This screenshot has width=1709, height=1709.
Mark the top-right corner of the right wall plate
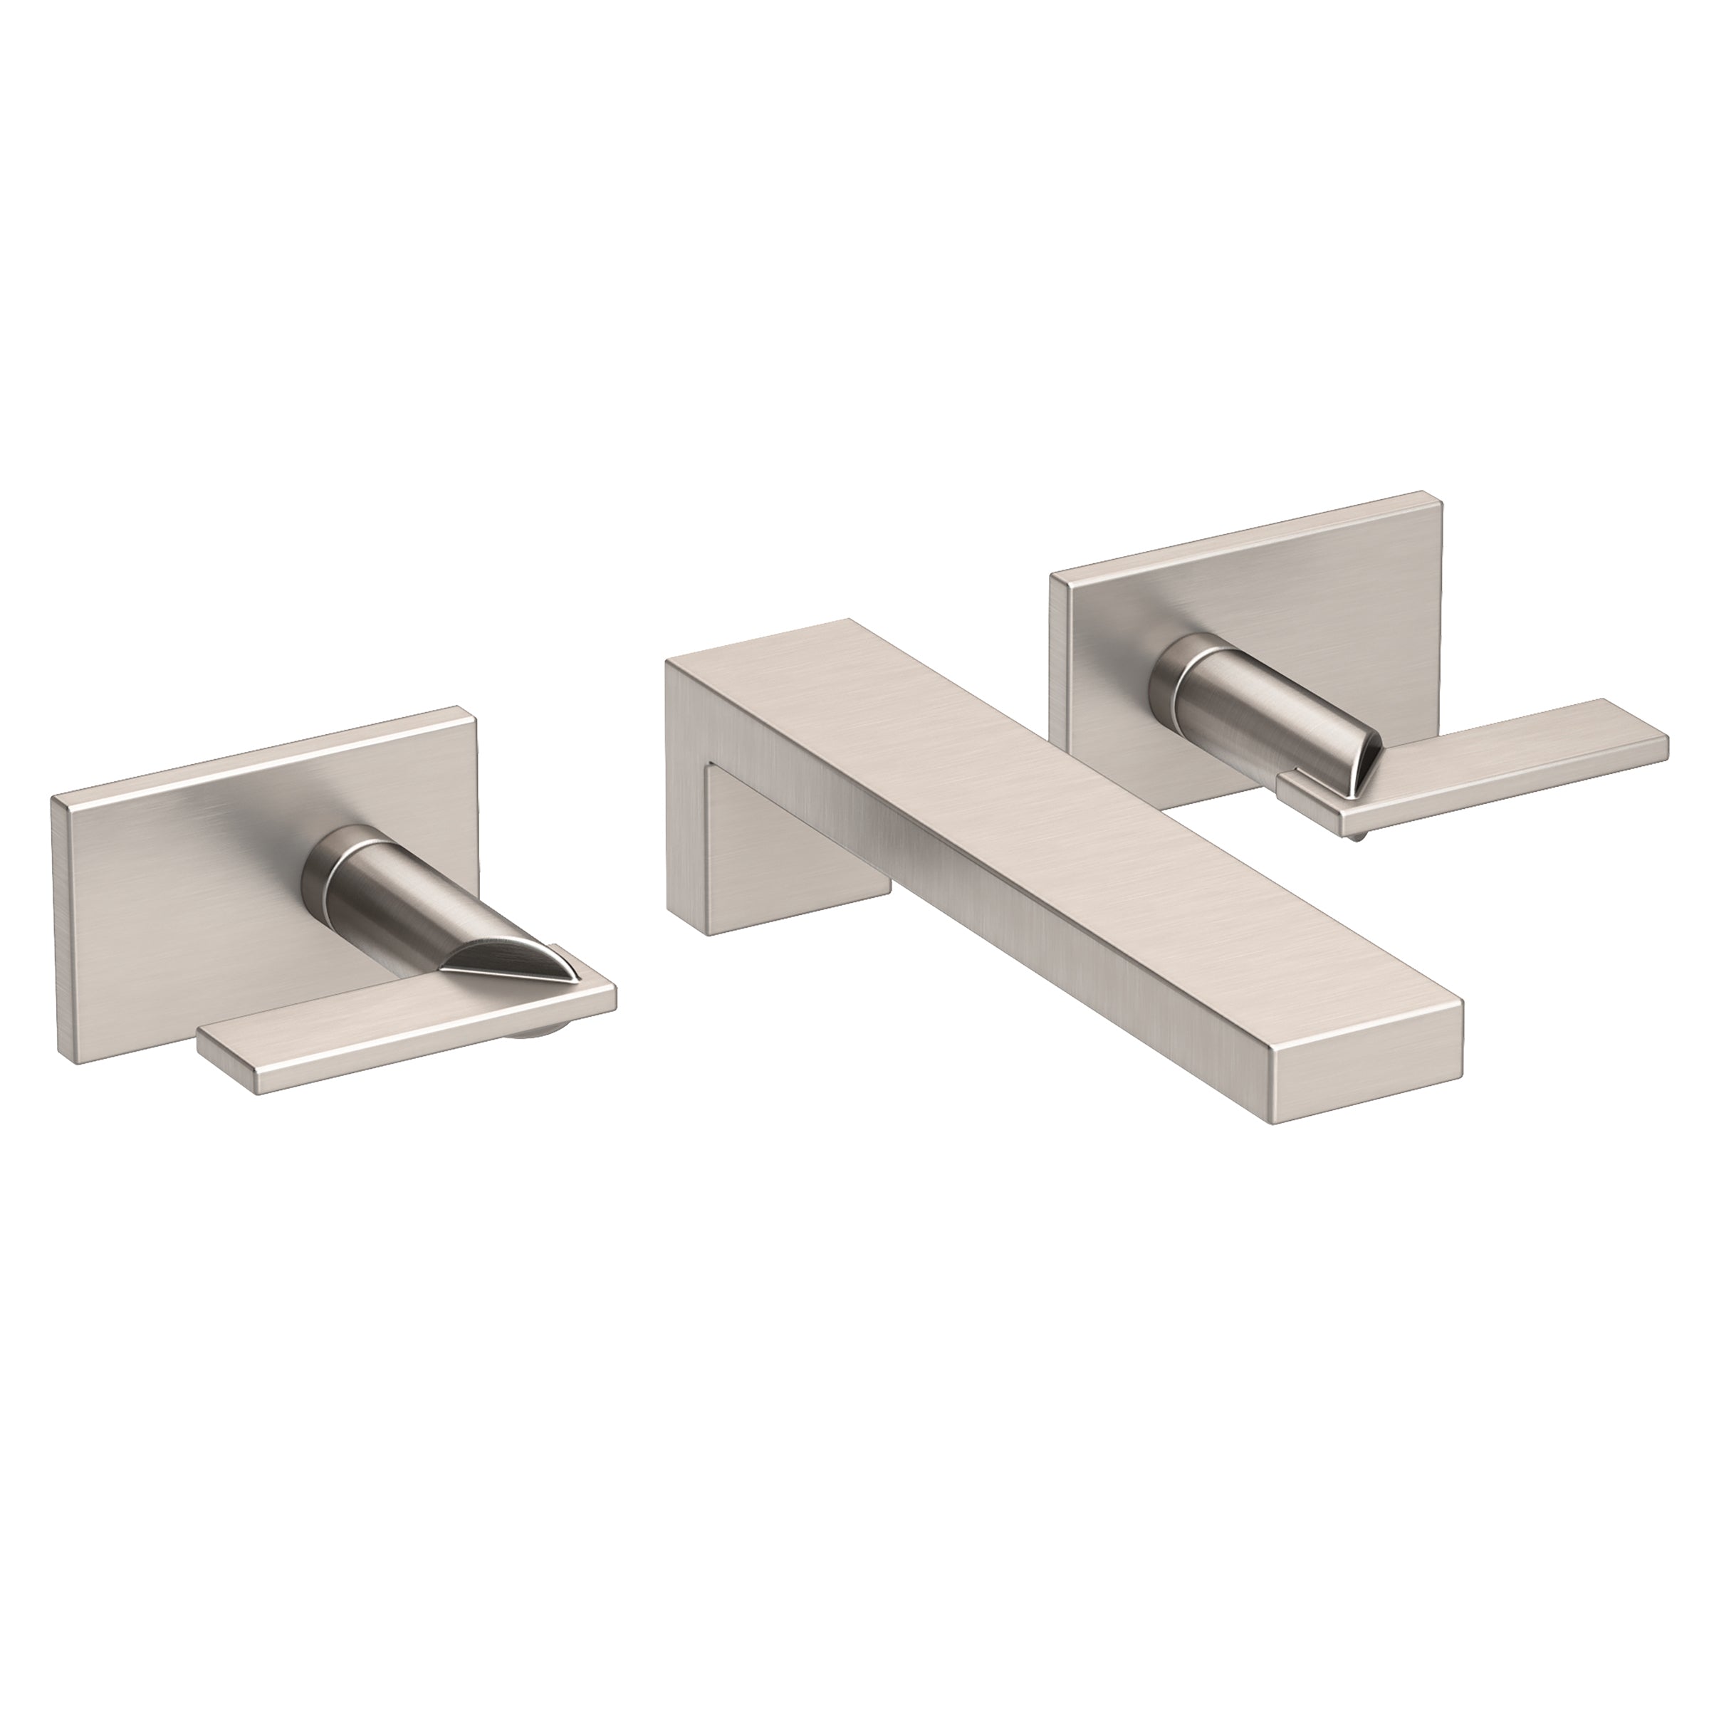tap(1439, 496)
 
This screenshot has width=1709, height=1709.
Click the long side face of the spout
tap(1018, 938)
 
